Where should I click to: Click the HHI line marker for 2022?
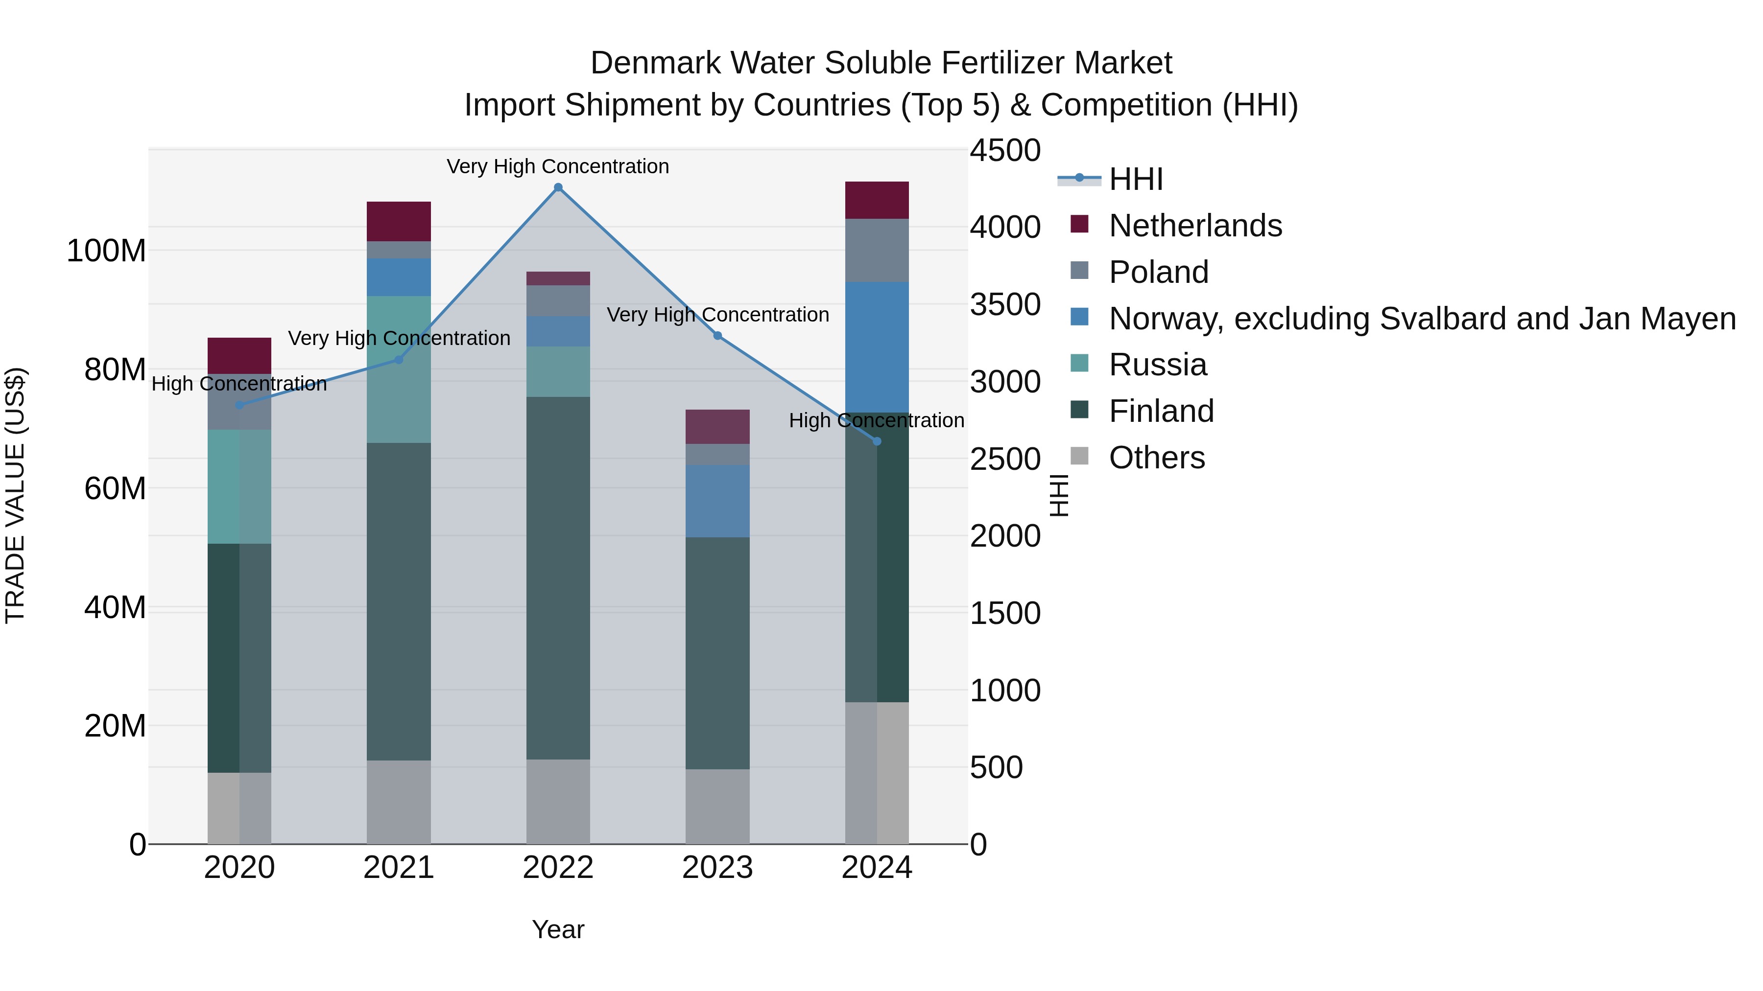coord(558,187)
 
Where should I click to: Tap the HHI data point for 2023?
coord(717,336)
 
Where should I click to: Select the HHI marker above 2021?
coord(399,360)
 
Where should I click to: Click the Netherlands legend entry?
coord(1195,226)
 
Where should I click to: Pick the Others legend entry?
coord(1157,458)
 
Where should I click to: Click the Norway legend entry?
coord(1422,319)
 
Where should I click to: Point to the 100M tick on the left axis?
coord(106,251)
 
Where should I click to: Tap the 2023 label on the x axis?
coord(717,868)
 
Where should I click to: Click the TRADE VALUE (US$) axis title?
coord(15,495)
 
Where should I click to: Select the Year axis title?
coord(558,929)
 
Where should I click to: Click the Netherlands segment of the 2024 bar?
coord(877,200)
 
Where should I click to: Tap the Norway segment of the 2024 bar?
coord(877,347)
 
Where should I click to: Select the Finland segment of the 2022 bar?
coord(558,578)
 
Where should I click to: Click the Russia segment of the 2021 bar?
coord(399,369)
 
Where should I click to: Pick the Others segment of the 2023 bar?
coord(717,807)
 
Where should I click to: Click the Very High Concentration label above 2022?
coord(558,166)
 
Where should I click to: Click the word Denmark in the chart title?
coord(654,63)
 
